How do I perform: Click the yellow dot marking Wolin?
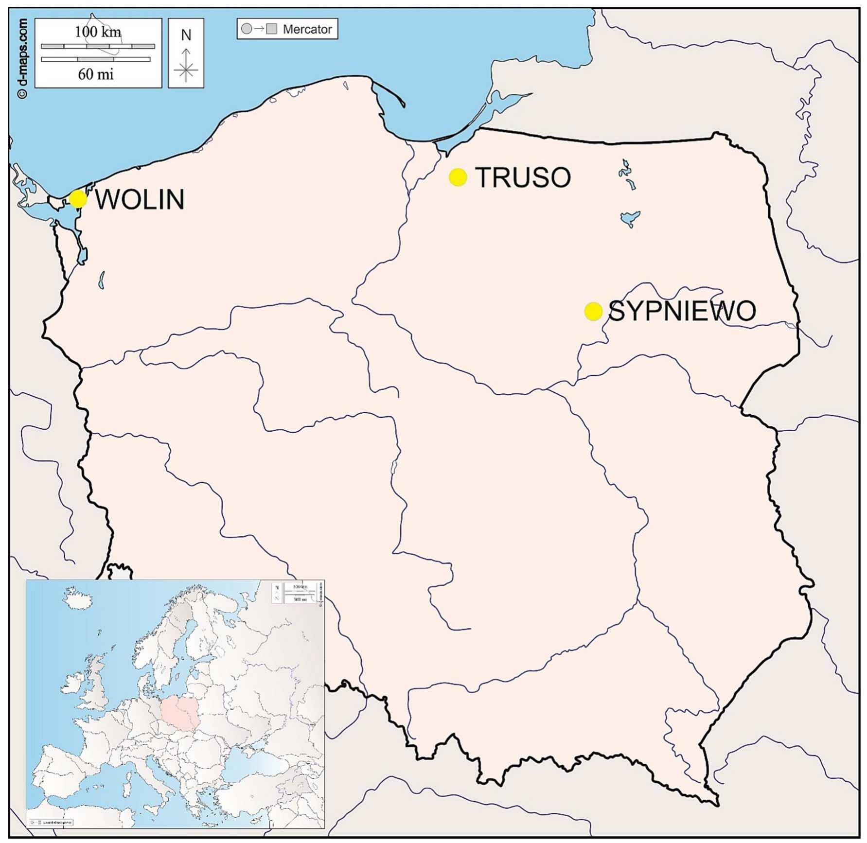78,199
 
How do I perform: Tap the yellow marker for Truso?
458,177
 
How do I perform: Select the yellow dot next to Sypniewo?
593,311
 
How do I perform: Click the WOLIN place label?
140,199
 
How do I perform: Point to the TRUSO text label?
523,177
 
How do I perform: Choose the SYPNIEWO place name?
682,311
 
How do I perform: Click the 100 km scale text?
98,32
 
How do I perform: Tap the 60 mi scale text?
96,74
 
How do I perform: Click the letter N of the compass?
186,35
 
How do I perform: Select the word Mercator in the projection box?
307,29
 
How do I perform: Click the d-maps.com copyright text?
22,58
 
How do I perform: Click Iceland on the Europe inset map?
78,596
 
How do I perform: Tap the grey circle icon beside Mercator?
247,29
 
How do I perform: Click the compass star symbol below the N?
186,71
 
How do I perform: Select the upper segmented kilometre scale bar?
98,46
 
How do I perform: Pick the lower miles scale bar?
96,59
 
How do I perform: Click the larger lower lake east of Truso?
630,218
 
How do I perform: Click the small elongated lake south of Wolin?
102,280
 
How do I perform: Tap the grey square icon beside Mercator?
272,29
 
